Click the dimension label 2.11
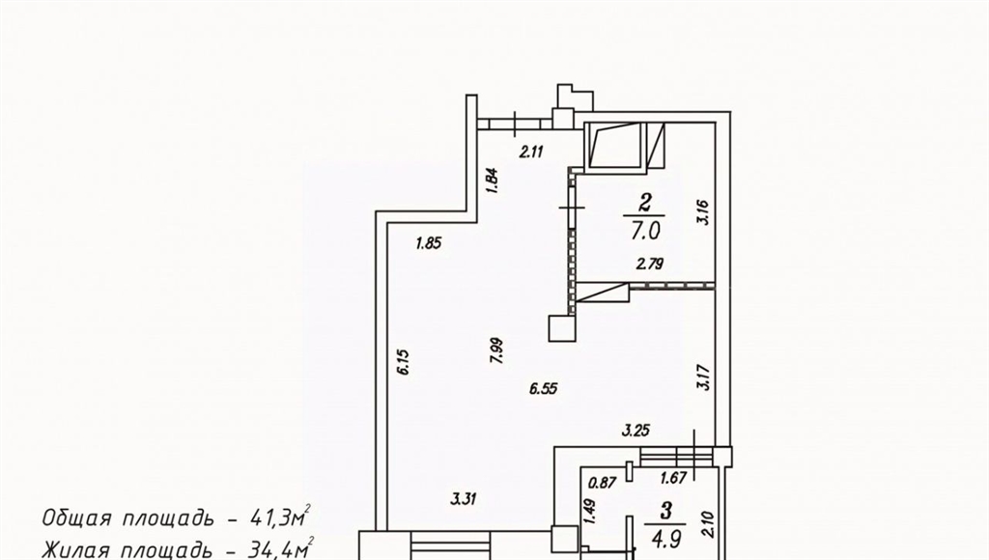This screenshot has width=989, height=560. pyautogui.click(x=530, y=152)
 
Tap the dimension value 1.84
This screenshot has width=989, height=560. pyautogui.click(x=494, y=181)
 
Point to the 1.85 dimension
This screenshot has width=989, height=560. pyautogui.click(x=429, y=242)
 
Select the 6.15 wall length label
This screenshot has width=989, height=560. pyautogui.click(x=404, y=363)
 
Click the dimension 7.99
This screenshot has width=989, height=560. pyautogui.click(x=496, y=350)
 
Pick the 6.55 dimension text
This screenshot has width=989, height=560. pyautogui.click(x=544, y=388)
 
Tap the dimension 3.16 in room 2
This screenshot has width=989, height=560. pyautogui.click(x=703, y=211)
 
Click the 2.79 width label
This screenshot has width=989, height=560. pyautogui.click(x=650, y=265)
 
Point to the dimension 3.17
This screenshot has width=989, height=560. pyautogui.click(x=703, y=378)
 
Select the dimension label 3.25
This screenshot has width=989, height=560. pyautogui.click(x=636, y=432)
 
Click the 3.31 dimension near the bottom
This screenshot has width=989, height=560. pyautogui.click(x=463, y=500)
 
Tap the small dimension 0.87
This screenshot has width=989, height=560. pyautogui.click(x=602, y=483)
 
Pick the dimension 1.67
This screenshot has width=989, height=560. pyautogui.click(x=673, y=479)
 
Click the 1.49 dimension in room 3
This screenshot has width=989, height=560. pyautogui.click(x=589, y=512)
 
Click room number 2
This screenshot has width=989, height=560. pyautogui.click(x=644, y=203)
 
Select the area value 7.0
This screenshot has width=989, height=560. pyautogui.click(x=644, y=231)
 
